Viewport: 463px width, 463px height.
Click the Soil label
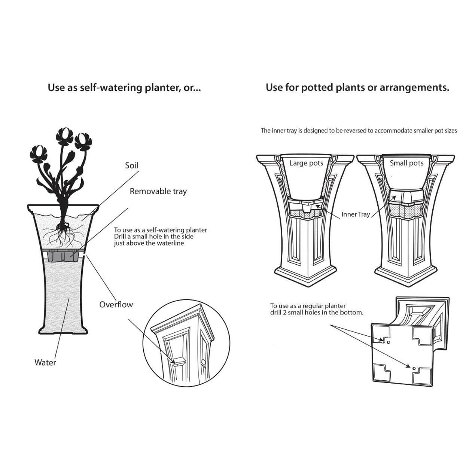tap(131, 165)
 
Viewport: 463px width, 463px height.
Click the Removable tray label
tap(158, 191)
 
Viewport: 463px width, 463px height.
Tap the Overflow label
tap(116, 304)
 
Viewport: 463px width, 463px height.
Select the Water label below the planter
tap(45, 362)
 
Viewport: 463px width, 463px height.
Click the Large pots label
tap(306, 163)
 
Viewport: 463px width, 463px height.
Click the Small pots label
tap(406, 163)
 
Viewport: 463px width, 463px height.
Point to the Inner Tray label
tap(355, 214)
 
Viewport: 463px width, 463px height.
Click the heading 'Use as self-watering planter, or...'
tap(124, 88)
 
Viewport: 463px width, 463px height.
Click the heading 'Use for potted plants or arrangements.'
tap(357, 88)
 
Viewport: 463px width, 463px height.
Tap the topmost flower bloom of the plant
tap(65, 135)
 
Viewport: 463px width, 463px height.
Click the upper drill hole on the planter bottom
tap(388, 342)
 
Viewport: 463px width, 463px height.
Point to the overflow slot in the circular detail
tap(177, 362)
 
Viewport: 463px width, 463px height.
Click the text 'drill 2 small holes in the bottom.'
tap(317, 313)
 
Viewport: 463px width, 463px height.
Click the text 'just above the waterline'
tap(149, 243)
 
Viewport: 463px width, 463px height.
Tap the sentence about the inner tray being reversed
tap(359, 131)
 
